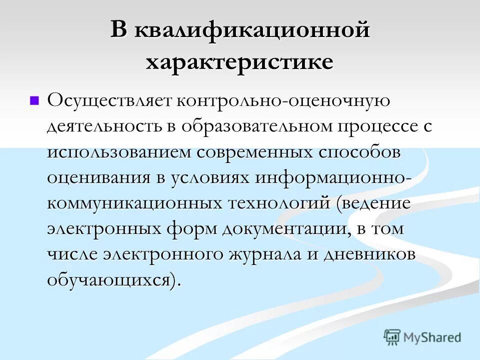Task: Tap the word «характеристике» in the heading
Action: coord(239,63)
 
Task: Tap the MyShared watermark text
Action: coord(431,337)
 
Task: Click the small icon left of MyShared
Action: coord(392,337)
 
